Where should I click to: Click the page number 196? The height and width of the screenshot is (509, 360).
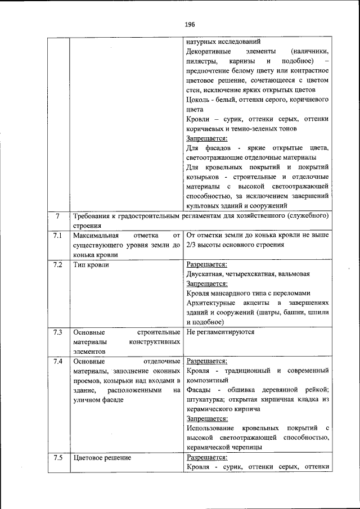coord(189,24)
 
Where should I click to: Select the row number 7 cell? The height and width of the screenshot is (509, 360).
coord(57,217)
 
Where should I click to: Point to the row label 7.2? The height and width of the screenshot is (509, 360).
coord(57,264)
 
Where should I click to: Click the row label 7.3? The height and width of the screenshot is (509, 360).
coord(57,332)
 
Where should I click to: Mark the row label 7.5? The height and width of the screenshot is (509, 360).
coord(57,457)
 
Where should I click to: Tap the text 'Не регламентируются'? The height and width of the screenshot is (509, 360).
coord(220,332)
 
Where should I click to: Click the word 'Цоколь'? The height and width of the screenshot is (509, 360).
coord(199,100)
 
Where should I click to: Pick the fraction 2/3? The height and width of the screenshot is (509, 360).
coord(191,245)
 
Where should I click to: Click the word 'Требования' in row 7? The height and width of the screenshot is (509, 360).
coord(93,217)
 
